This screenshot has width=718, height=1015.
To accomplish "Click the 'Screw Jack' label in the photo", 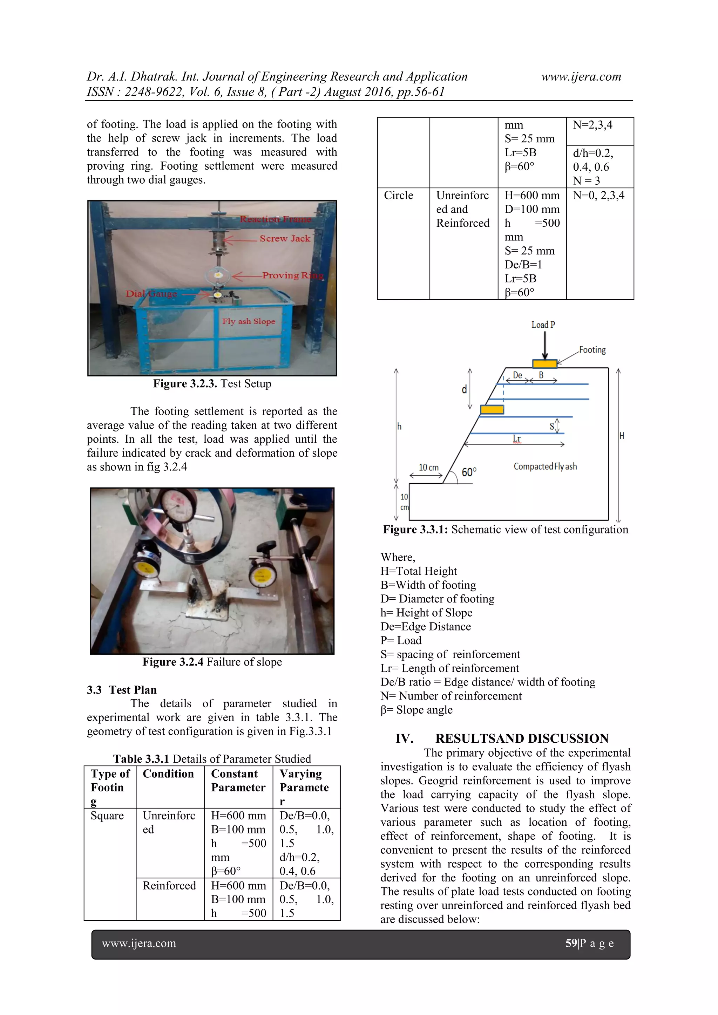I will [285, 239].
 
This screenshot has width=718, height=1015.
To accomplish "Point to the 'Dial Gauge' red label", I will [151, 294].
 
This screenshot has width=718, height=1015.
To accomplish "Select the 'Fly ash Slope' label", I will [249, 321].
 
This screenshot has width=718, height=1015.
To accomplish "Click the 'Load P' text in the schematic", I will [543, 325].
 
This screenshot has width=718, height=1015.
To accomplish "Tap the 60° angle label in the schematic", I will [469, 472].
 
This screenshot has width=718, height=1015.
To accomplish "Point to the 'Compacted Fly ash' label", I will [545, 466].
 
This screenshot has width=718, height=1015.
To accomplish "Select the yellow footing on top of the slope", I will [544, 364].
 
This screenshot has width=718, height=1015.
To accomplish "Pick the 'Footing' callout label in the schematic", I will [592, 350].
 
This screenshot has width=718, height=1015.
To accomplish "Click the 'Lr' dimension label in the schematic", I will [516, 438].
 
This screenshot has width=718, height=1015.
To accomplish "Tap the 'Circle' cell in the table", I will [398, 196].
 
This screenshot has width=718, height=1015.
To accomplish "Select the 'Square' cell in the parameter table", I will [107, 816].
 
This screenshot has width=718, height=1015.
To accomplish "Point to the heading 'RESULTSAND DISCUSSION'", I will [522, 738].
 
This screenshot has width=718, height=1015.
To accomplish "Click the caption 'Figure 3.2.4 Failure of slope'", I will [212, 662].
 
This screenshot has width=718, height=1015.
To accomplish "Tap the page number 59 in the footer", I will [571, 943].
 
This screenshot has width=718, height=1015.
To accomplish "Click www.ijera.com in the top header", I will [581, 76].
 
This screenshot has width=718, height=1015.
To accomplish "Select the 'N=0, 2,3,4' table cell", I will [599, 196].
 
